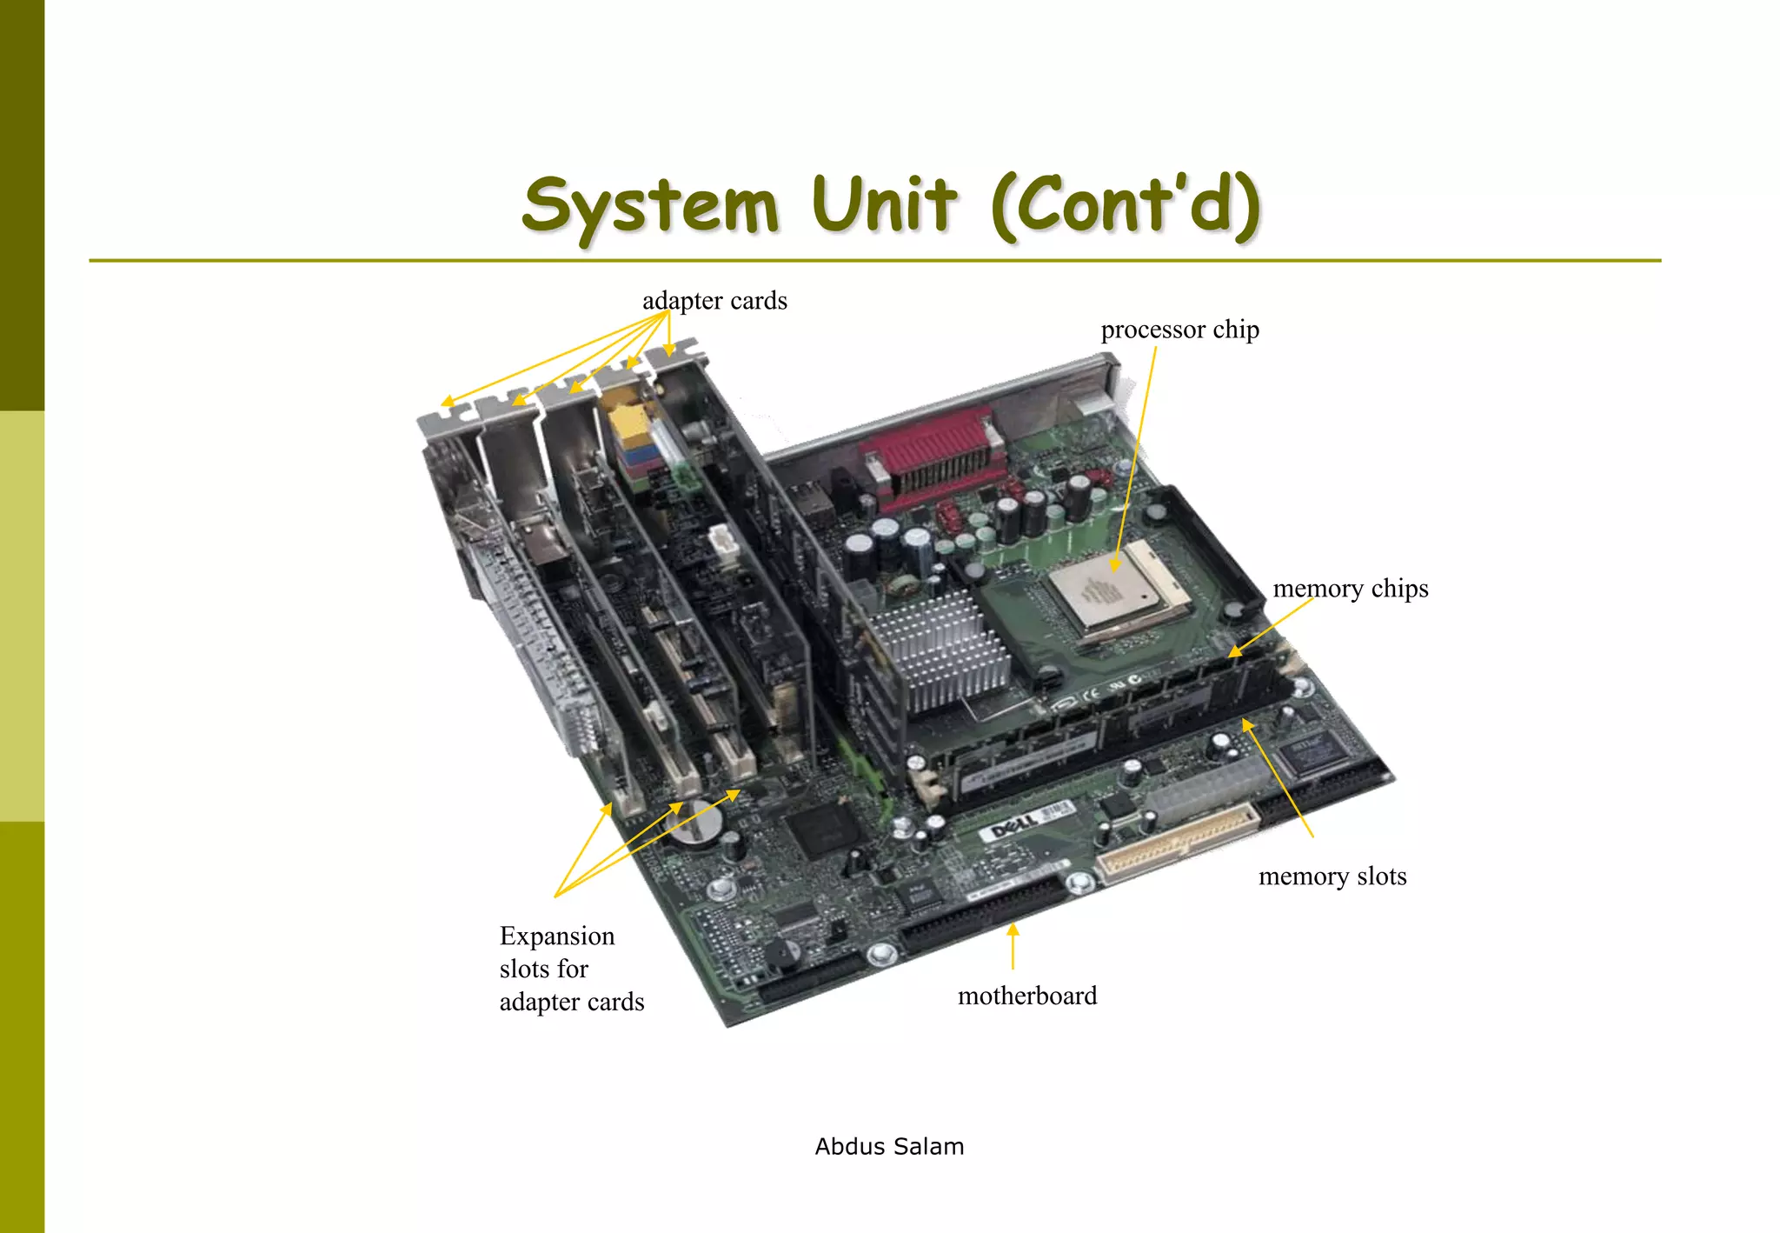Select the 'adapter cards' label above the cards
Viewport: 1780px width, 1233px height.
[714, 301]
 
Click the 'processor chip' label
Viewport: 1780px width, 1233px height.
[1179, 330]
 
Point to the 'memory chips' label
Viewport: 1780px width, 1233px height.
[1350, 589]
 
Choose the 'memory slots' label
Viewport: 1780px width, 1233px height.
[1332, 876]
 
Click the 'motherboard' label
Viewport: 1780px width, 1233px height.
[1026, 996]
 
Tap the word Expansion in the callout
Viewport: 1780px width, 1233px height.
[557, 936]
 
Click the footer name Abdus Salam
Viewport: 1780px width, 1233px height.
[889, 1147]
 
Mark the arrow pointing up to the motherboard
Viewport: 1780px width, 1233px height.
[1013, 946]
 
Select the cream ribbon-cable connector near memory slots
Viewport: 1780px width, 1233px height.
[1178, 843]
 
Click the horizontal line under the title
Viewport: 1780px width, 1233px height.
[874, 260]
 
